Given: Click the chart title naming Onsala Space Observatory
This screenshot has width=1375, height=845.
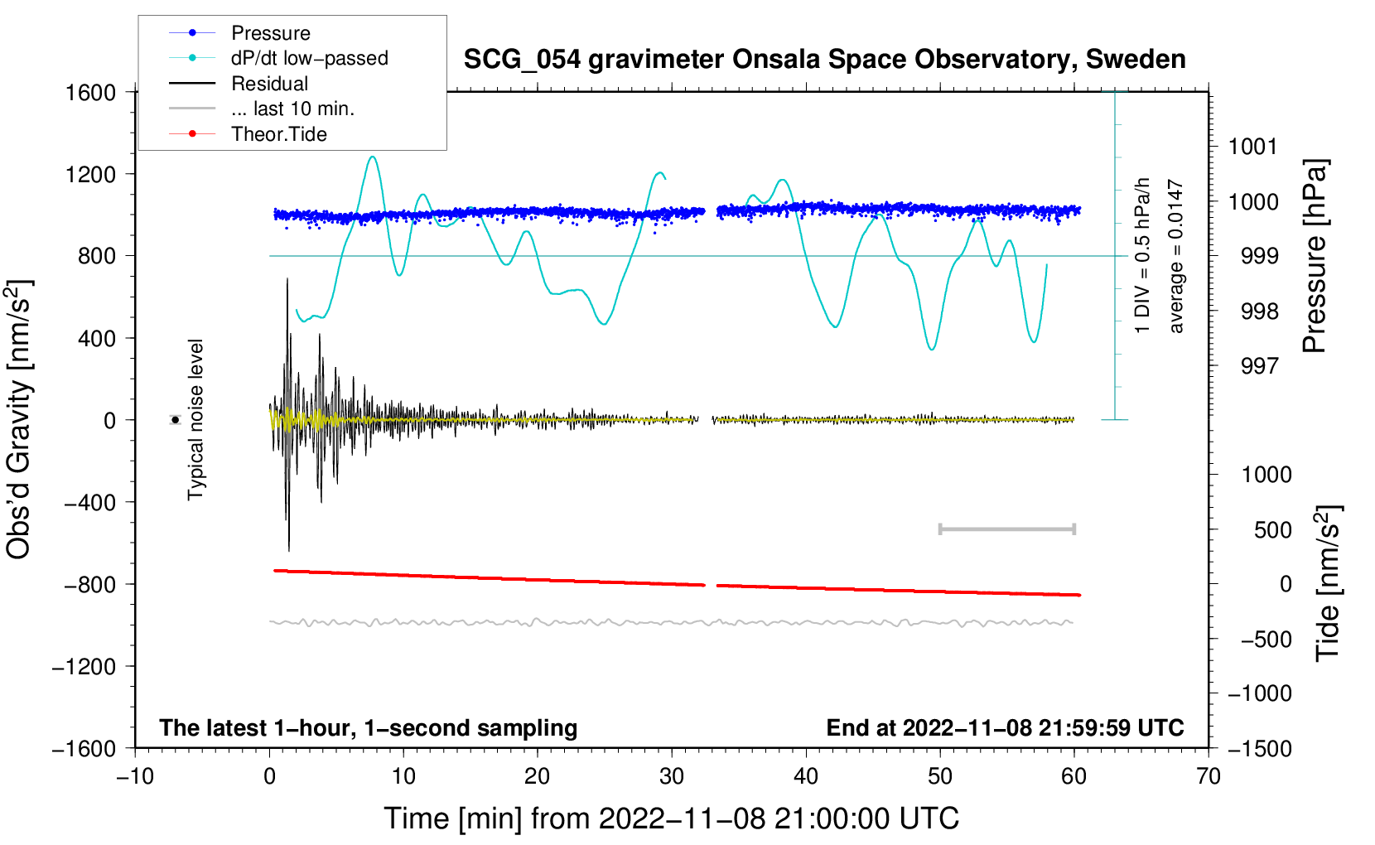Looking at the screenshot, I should pos(824,60).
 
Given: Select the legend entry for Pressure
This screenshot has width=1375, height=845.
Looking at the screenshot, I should pos(270,33).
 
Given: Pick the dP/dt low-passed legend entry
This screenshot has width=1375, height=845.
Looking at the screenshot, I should pos(309,58).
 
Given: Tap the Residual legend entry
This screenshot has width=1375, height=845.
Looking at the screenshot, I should pos(269,84).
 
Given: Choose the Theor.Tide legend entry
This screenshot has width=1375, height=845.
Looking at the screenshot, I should pos(278,134).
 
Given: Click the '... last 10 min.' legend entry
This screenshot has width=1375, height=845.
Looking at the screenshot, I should pos(292,109).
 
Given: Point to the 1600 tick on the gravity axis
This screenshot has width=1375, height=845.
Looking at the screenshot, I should pos(91,92).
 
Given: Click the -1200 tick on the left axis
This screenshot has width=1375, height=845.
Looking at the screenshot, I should pos(84,667).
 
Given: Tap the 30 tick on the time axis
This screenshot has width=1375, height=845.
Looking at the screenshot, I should pos(672,776).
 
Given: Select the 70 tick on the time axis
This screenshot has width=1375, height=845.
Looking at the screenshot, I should pos(1209,776).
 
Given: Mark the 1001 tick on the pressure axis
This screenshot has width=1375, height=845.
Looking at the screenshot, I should pos(1252,147).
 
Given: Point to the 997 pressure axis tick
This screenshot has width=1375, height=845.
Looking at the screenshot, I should pos(1259,365).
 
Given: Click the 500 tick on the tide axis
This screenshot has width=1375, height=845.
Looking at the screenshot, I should pos(1272,529).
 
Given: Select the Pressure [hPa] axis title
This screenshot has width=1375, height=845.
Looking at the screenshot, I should pos(1315,257).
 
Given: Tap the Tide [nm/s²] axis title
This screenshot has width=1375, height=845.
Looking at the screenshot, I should pos(1328,582).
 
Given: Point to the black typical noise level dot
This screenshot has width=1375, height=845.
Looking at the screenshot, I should pos(175,420).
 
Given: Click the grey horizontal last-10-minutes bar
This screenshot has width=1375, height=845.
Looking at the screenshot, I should pos(1006,529).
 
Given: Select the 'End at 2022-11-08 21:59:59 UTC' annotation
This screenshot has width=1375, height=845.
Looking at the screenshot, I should pos(1005,728).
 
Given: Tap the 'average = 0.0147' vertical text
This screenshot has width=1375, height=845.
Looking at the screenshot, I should pos(1176,257).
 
